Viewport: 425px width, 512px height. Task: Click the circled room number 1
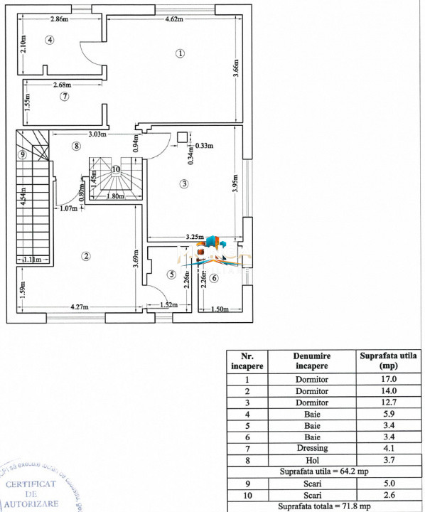tap(181, 53)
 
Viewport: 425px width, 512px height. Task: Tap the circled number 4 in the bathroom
tap(50, 40)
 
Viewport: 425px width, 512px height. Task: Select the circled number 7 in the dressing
tap(64, 96)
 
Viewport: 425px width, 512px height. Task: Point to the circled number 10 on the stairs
tap(116, 169)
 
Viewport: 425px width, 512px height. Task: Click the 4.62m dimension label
tap(175, 20)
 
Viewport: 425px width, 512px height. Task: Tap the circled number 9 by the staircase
tap(23, 154)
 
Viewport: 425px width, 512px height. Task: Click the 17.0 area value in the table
tap(388, 380)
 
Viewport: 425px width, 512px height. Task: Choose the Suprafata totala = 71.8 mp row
tap(325, 506)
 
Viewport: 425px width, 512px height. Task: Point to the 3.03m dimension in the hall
tap(97, 134)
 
